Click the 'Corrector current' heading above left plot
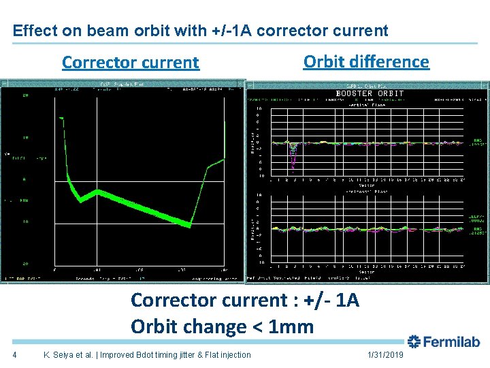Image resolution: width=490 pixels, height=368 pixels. click(130, 63)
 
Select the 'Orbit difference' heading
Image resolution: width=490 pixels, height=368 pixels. click(366, 61)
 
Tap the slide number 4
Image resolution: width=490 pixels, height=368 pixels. click(15, 355)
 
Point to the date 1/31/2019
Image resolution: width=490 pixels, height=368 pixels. click(385, 355)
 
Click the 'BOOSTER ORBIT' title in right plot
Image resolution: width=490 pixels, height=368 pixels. click(370, 93)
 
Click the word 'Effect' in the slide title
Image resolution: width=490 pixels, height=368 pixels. click(31, 31)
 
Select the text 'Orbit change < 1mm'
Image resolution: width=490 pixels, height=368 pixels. click(222, 326)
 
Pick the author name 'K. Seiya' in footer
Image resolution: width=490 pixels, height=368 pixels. click(60, 355)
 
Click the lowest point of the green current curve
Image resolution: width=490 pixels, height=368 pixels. click(189, 225)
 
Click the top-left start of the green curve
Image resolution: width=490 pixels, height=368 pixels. click(61, 119)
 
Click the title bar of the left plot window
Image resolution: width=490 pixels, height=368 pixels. click(122, 85)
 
